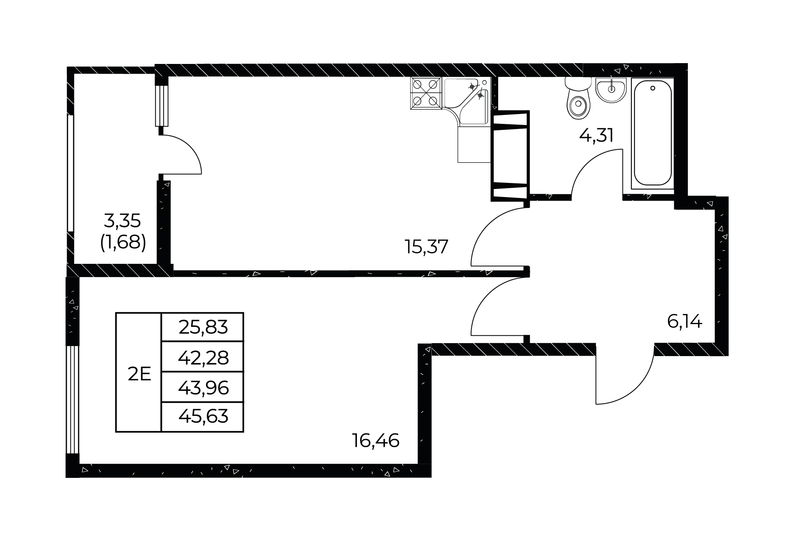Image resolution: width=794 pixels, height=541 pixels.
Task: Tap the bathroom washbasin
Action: (x=611, y=90)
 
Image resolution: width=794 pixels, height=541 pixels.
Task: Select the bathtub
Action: (x=652, y=133)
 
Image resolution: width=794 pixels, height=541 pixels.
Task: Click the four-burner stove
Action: (x=425, y=93)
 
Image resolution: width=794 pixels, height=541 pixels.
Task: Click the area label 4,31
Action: (x=596, y=135)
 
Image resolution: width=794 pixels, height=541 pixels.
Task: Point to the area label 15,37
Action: (x=427, y=246)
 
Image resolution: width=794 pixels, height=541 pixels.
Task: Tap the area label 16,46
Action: (x=376, y=440)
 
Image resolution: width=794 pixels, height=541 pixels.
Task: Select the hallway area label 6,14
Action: (x=684, y=322)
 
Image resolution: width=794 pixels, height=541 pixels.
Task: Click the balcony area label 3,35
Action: (x=122, y=221)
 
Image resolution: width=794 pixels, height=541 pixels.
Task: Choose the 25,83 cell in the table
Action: (x=203, y=327)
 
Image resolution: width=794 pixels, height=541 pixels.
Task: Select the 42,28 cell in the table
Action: (x=203, y=357)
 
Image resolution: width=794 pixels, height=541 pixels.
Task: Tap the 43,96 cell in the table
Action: (x=203, y=388)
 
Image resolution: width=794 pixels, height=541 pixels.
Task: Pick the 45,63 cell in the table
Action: (x=203, y=417)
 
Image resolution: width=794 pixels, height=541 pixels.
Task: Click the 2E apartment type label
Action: (x=139, y=375)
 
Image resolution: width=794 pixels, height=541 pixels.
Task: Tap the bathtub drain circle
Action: (x=652, y=88)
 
